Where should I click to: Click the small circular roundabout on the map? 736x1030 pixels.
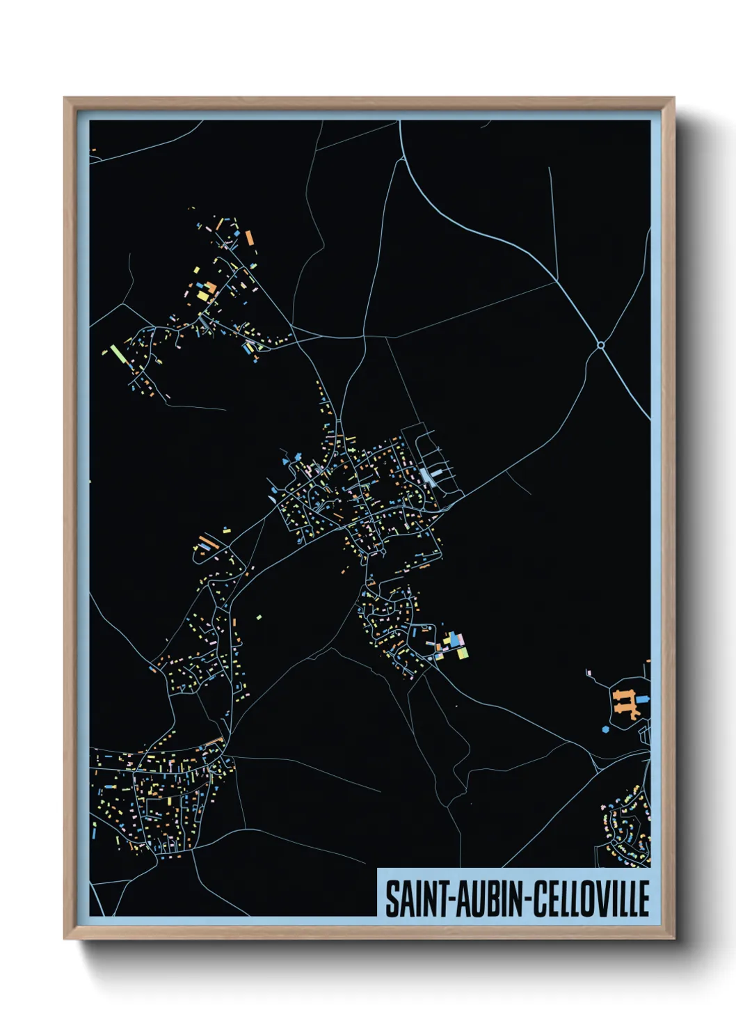[x=601, y=344]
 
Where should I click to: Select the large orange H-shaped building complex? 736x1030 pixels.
[x=625, y=703]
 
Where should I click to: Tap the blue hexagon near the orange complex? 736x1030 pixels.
[x=605, y=729]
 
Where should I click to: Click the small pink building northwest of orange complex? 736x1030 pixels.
[x=589, y=672]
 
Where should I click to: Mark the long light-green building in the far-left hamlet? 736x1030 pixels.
[x=118, y=354]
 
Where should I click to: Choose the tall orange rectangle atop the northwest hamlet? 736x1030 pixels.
[x=249, y=238]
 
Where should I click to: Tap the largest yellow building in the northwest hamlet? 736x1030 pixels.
[x=202, y=295]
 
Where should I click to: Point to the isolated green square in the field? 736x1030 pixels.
[x=259, y=617]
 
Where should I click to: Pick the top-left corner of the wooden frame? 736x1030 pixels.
[x=65, y=98]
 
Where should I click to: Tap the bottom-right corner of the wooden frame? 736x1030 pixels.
[x=673, y=938]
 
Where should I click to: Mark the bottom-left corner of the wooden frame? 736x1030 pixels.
[x=65, y=938]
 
